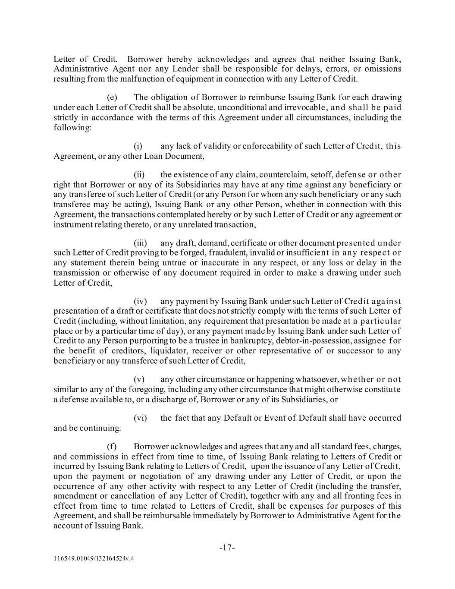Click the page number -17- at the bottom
click(227, 548)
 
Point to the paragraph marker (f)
click(112, 447)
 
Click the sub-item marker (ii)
click(139, 175)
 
